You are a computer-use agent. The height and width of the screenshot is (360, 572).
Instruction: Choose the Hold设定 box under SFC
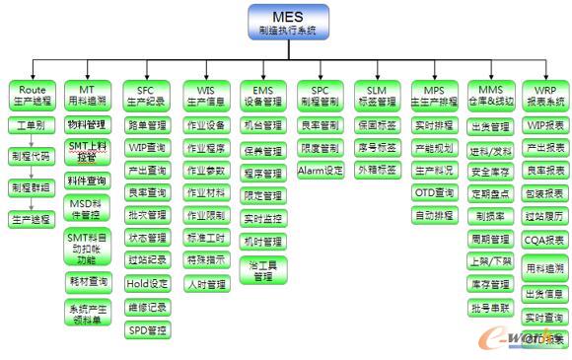[x=147, y=284]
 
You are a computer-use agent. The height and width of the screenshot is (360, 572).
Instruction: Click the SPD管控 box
[x=147, y=330]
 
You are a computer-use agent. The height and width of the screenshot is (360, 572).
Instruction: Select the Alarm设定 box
[x=321, y=171]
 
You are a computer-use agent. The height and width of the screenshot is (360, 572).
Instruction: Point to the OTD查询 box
[x=434, y=192]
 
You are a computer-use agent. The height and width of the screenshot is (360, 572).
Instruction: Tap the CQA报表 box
[x=545, y=239]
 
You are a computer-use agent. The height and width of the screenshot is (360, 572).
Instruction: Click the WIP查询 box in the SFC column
[x=147, y=148]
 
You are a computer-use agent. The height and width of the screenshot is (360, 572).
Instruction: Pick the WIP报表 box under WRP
[x=545, y=125]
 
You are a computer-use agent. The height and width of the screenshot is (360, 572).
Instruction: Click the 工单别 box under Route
[x=33, y=125]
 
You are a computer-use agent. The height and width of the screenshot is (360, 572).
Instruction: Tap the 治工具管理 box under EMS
[x=262, y=270]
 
